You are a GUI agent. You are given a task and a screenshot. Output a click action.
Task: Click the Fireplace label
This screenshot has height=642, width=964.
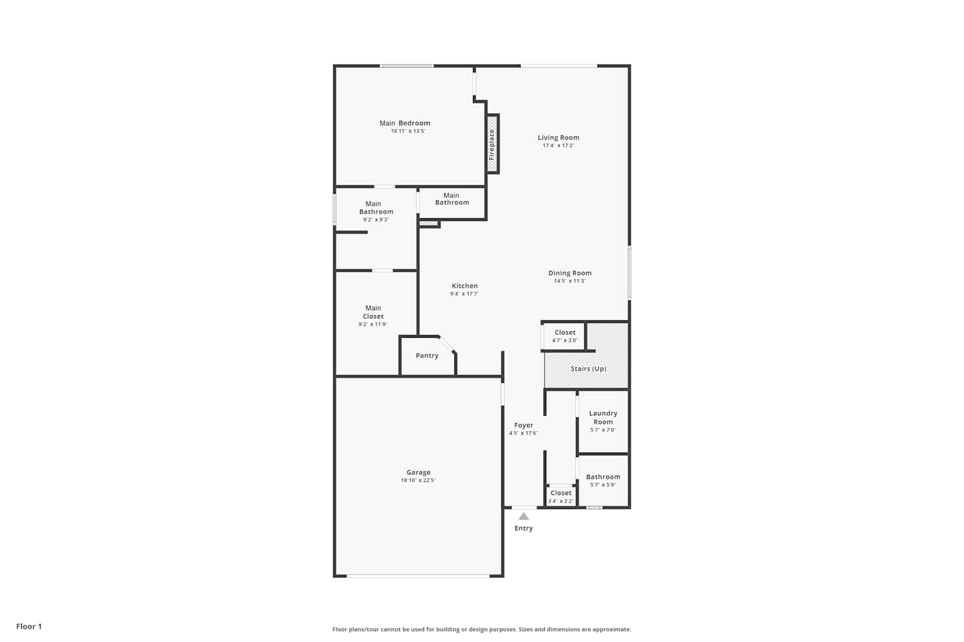point(492,144)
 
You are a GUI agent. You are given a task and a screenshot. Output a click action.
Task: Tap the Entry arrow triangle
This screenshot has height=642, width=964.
point(523,516)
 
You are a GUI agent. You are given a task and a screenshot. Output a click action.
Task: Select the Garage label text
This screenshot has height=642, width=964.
point(418,472)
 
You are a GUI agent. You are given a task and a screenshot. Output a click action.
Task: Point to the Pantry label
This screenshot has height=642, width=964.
point(427,356)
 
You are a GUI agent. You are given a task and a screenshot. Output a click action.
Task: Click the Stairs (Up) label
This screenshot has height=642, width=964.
point(588,369)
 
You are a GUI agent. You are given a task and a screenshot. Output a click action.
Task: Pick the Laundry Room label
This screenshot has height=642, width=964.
point(603,417)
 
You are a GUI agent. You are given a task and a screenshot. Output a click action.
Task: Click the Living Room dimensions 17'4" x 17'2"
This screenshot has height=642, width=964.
point(558,146)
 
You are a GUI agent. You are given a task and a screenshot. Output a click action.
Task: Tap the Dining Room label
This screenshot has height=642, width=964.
point(570,273)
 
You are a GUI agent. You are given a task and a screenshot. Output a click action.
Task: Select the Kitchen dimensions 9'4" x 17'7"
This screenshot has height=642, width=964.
point(465,293)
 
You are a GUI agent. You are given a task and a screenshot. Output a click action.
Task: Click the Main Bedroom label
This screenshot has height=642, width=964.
point(404,123)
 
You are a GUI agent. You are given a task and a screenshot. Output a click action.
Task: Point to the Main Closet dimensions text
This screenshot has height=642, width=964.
point(373,324)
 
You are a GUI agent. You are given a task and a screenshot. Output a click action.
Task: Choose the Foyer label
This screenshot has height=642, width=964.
point(523,425)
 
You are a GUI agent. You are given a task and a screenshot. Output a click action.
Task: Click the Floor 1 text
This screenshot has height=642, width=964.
point(29,627)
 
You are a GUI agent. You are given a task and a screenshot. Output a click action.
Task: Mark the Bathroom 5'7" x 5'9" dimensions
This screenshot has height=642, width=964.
point(603,485)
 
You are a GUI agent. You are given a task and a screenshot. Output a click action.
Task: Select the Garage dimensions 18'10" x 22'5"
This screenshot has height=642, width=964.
point(418,480)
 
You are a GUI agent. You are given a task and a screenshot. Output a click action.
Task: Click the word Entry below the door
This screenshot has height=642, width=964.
point(523,528)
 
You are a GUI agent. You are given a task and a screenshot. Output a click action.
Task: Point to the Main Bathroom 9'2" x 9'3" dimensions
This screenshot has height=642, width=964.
point(376,220)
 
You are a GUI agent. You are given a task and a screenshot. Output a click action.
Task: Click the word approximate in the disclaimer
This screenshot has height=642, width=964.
point(612,630)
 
